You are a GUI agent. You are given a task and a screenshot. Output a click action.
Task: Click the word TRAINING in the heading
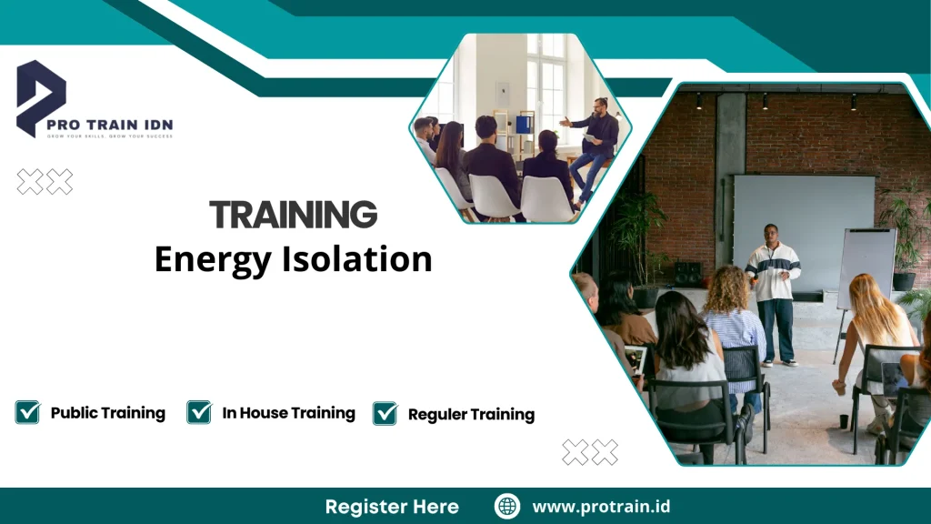(x=293, y=215)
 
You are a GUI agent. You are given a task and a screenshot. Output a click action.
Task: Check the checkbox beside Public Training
(x=27, y=412)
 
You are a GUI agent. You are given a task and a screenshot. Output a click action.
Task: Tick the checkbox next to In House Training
(x=199, y=412)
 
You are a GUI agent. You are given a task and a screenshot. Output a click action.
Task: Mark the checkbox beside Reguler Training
(x=385, y=413)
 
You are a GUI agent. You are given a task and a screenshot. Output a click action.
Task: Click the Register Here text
(x=392, y=507)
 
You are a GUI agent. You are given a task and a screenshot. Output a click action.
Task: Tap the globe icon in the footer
(x=507, y=506)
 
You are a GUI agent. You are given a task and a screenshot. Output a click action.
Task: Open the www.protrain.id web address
(x=601, y=507)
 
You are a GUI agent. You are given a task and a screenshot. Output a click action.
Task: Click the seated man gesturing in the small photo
(x=593, y=146)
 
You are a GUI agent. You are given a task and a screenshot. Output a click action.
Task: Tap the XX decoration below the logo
(x=45, y=182)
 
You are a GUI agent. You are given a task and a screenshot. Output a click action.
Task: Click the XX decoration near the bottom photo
(x=589, y=452)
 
